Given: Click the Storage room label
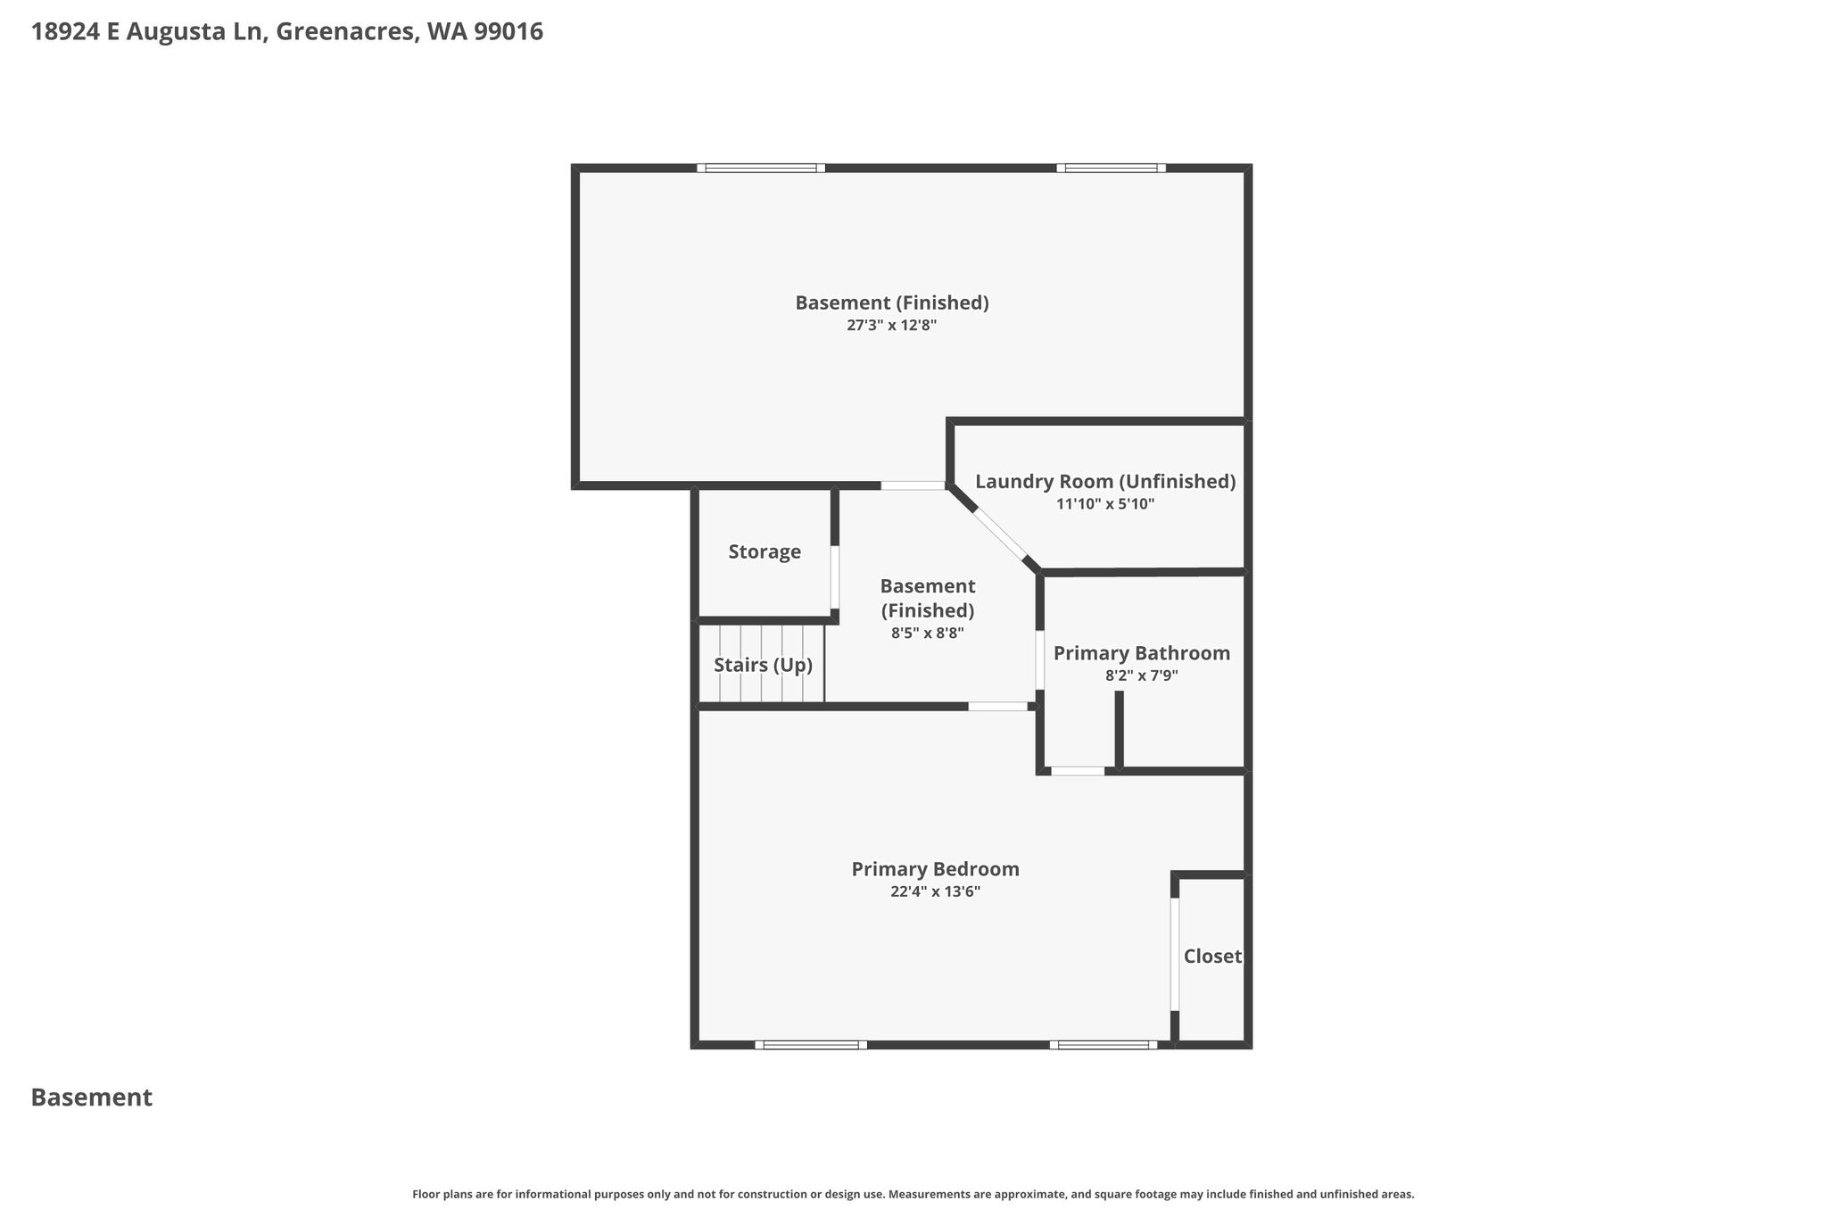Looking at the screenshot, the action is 765,552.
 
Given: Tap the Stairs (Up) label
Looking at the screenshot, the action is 763,666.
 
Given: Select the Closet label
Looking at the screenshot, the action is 1212,957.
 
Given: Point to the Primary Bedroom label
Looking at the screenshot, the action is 935,869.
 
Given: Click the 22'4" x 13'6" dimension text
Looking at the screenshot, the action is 935,891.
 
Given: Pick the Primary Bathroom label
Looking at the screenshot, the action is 1142,653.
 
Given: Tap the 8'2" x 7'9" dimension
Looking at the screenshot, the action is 1142,675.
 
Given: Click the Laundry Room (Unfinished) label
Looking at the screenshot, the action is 1105,482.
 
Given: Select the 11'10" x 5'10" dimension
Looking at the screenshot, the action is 1105,504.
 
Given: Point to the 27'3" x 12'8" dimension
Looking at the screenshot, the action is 891,326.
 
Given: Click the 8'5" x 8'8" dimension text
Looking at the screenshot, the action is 928,634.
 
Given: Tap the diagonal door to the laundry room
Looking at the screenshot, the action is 999,534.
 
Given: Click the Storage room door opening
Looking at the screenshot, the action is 835,577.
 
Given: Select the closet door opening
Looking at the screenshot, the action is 1175,954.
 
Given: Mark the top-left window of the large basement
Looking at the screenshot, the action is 761,168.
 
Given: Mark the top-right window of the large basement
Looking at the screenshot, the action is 1111,168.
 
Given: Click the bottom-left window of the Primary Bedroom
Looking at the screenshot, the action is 811,1045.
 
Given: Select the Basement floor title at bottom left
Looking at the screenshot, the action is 92,1098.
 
